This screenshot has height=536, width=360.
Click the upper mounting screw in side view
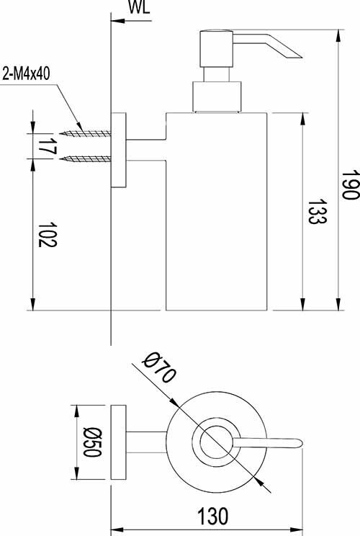(x=85, y=133)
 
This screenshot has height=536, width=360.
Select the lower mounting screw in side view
(x=85, y=158)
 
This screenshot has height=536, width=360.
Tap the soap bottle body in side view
(x=216, y=216)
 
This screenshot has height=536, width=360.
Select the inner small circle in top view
(x=213, y=441)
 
